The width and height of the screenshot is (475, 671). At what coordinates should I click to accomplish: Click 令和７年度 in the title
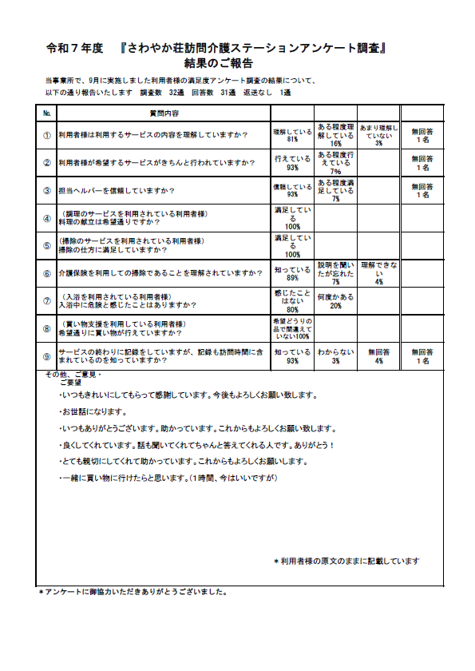(x=75, y=48)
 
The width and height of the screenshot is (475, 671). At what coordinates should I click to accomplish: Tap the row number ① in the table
(x=47, y=135)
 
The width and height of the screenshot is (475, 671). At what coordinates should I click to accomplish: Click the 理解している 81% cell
(x=292, y=135)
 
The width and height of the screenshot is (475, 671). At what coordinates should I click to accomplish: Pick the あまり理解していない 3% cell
(x=378, y=135)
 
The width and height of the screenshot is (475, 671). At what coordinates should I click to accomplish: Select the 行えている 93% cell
(x=292, y=163)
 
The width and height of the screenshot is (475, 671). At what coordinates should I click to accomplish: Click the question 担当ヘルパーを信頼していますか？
(x=117, y=190)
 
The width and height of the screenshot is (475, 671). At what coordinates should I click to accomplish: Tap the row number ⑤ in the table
(x=47, y=245)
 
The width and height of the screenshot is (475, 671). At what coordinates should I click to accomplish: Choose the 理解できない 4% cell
(x=378, y=272)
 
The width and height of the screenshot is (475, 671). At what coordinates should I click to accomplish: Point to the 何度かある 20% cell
(x=335, y=300)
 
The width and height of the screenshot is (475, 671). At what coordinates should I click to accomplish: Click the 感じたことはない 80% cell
(x=292, y=300)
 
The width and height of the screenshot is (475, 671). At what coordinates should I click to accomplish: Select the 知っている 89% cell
(x=292, y=272)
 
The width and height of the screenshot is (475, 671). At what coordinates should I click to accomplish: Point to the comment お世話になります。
(x=93, y=412)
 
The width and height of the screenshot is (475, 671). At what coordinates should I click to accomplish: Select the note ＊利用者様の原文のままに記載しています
(x=346, y=561)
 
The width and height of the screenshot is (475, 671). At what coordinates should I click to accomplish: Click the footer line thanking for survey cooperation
(x=134, y=593)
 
